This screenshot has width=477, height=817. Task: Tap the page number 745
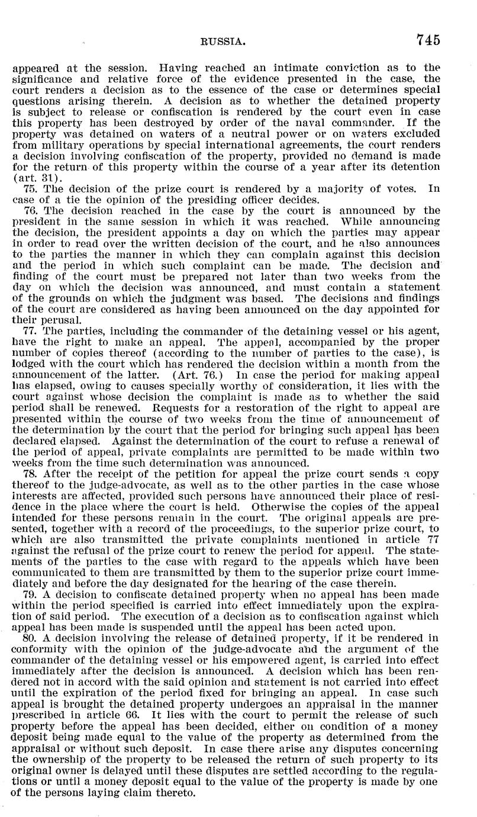click(428, 40)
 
